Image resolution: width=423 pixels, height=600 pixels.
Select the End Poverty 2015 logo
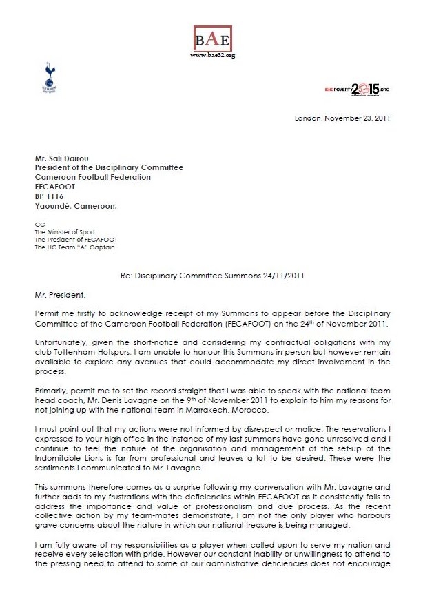356,90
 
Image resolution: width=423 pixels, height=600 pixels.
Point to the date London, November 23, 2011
342,118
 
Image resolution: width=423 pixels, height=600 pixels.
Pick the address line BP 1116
50,196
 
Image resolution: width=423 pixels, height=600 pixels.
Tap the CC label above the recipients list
39,224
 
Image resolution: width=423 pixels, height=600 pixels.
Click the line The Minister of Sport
65,232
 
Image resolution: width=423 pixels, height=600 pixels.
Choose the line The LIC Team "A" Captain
77,247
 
